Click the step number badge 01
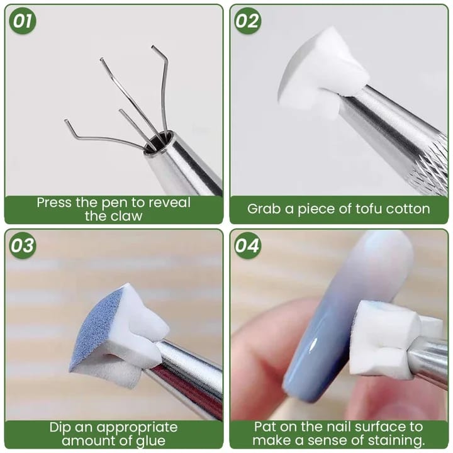[x=23, y=21]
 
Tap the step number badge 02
[x=248, y=21]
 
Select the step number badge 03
[x=23, y=245]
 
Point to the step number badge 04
[x=248, y=245]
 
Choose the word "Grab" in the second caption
[x=264, y=209]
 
